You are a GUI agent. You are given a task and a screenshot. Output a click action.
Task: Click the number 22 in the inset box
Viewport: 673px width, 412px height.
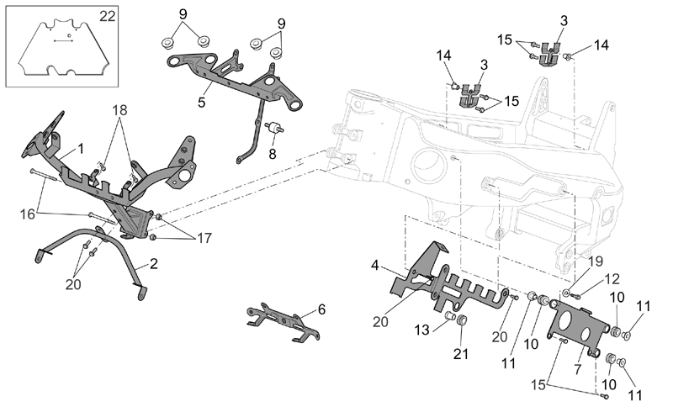tap(108, 16)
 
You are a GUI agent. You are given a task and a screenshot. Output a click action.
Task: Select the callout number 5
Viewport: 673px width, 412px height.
tap(201, 102)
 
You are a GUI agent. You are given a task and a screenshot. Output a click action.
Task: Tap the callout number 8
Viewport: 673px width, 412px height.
tap(272, 154)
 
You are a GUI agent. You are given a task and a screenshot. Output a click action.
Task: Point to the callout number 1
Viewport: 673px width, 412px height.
tap(81, 149)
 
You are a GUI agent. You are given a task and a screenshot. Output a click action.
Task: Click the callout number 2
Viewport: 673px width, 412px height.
tap(154, 263)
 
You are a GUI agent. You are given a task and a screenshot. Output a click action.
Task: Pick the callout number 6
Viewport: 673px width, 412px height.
tap(321, 309)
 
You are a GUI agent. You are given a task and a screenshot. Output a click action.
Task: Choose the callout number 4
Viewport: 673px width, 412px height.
tap(374, 265)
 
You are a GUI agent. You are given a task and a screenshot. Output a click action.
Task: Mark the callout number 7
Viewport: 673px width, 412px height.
tap(578, 368)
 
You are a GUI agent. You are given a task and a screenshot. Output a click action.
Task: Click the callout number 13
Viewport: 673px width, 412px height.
tap(422, 330)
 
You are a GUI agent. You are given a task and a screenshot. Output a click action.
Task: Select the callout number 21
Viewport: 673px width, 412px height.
tap(461, 354)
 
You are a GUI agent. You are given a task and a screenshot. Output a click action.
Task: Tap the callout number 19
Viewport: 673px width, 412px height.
tap(596, 261)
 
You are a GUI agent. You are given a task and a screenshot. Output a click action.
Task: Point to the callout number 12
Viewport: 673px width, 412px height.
tap(612, 279)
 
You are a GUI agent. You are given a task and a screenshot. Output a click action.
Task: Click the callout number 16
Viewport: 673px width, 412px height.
tap(28, 214)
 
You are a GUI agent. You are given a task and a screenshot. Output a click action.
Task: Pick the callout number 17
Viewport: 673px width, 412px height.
tap(204, 238)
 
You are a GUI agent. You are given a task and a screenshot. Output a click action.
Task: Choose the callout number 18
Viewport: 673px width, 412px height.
tap(119, 110)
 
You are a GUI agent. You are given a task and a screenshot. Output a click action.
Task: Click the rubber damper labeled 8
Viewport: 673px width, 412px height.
tap(274, 128)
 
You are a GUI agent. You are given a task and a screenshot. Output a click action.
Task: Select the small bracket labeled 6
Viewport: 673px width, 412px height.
tap(283, 323)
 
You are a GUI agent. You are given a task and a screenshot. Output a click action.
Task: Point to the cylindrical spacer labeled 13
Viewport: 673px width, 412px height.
tap(450, 316)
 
